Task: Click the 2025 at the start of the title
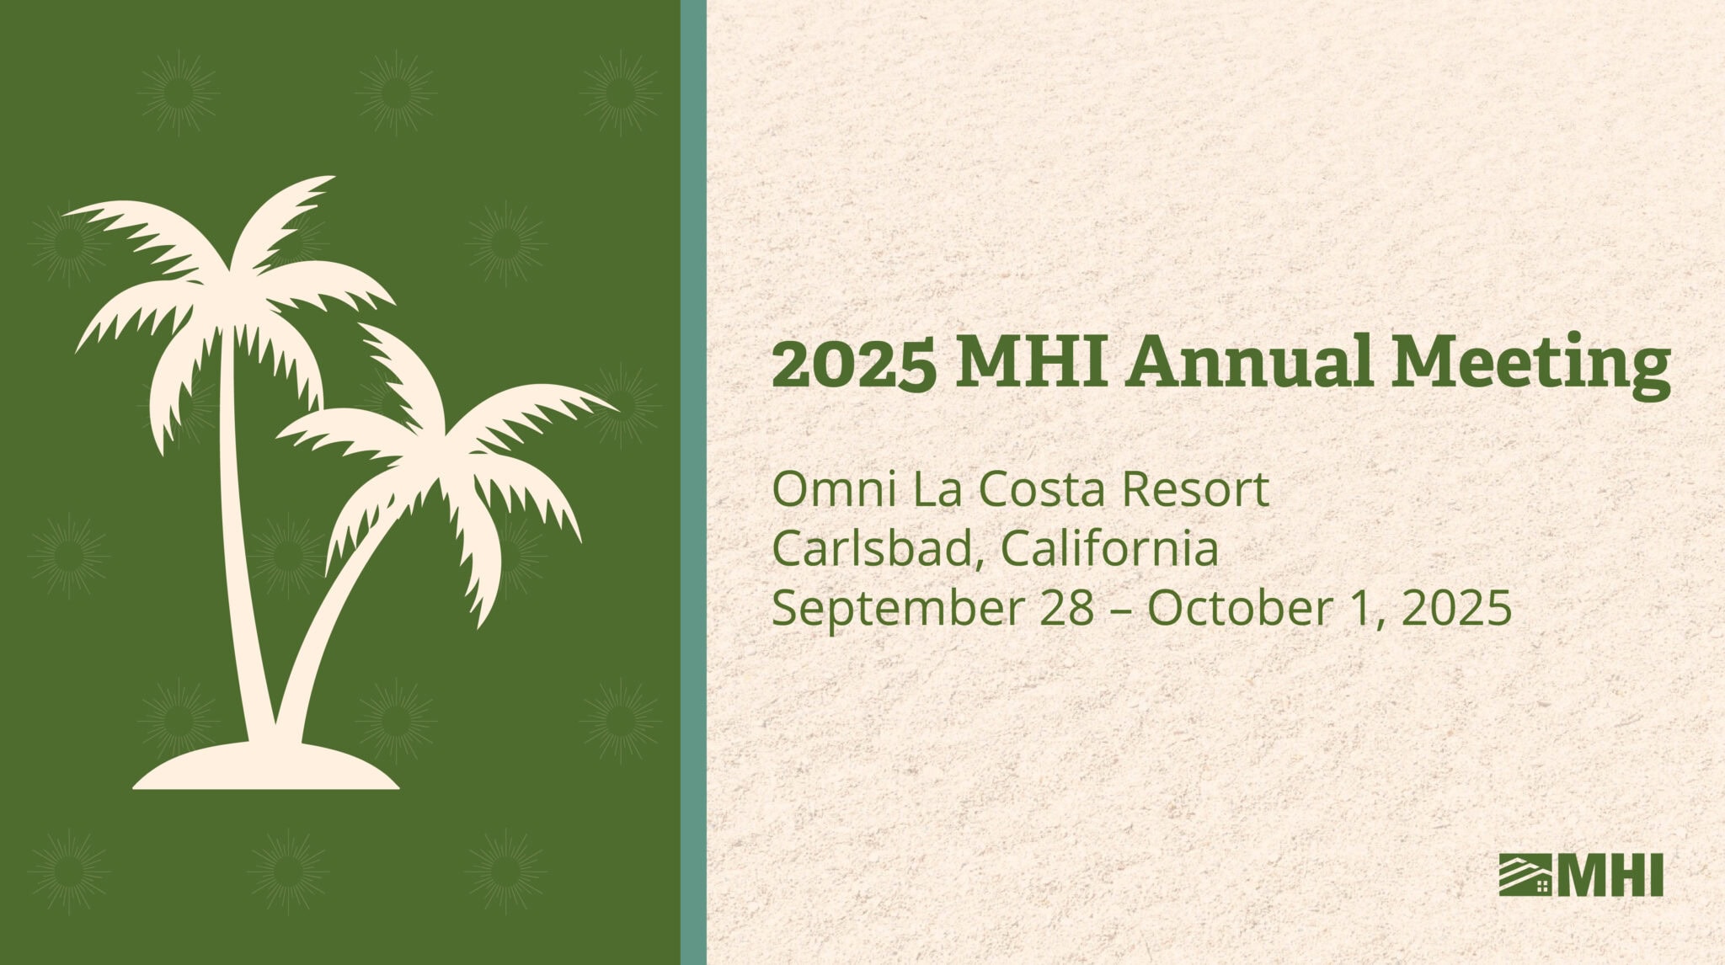point(853,364)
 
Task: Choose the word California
point(1109,548)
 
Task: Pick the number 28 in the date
point(1066,609)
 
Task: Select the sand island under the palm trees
point(266,767)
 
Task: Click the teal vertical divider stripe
point(693,482)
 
